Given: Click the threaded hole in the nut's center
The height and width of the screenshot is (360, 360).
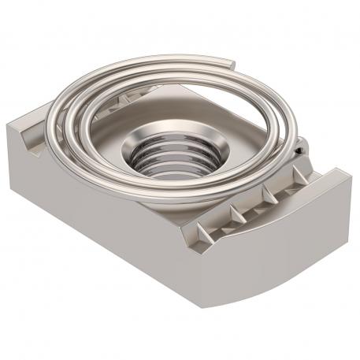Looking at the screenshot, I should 168,161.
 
